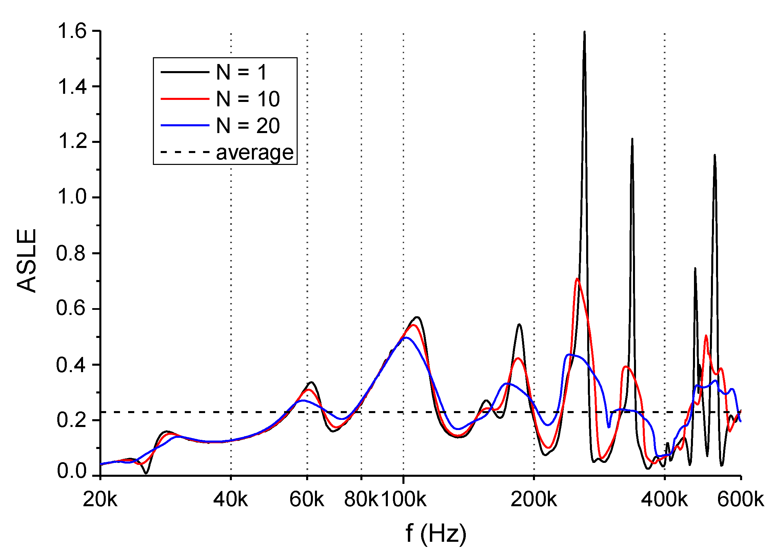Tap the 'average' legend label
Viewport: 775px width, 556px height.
click(x=255, y=153)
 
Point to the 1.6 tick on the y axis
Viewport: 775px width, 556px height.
click(x=72, y=31)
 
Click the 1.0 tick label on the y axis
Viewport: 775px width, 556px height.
click(x=72, y=197)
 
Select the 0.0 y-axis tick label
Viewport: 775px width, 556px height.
click(x=72, y=471)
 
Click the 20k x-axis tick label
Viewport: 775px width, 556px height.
click(x=100, y=500)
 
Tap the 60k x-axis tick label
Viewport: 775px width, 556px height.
click(x=306, y=500)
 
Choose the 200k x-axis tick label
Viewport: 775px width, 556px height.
click(x=534, y=500)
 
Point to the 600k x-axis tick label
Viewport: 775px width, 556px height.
click(x=740, y=500)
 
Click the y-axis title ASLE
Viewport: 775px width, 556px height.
click(x=27, y=260)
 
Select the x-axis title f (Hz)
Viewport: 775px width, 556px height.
click(x=436, y=533)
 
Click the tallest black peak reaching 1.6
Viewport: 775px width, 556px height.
click(x=585, y=33)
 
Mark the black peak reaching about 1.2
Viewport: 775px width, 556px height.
click(x=633, y=139)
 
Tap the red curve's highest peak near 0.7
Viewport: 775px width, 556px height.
click(x=577, y=279)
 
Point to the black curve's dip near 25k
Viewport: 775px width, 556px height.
click(x=146, y=473)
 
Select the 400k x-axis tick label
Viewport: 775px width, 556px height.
click(x=664, y=500)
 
